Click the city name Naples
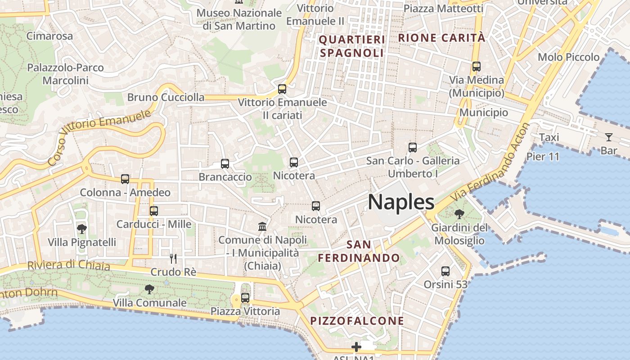401,202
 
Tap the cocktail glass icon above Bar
609,137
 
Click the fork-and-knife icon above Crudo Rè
173,259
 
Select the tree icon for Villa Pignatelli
81,229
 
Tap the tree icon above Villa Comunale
149,289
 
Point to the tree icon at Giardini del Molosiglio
459,214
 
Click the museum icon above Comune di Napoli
262,226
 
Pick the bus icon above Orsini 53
445,271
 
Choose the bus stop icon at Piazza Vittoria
245,297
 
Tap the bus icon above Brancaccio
225,164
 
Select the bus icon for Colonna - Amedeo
125,179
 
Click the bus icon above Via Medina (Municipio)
477,67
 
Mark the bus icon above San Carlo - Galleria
413,147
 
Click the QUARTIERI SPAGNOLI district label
352,46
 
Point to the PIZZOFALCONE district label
357,321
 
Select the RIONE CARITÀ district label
441,38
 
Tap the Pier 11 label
543,157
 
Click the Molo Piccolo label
569,57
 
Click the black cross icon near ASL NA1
356,347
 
